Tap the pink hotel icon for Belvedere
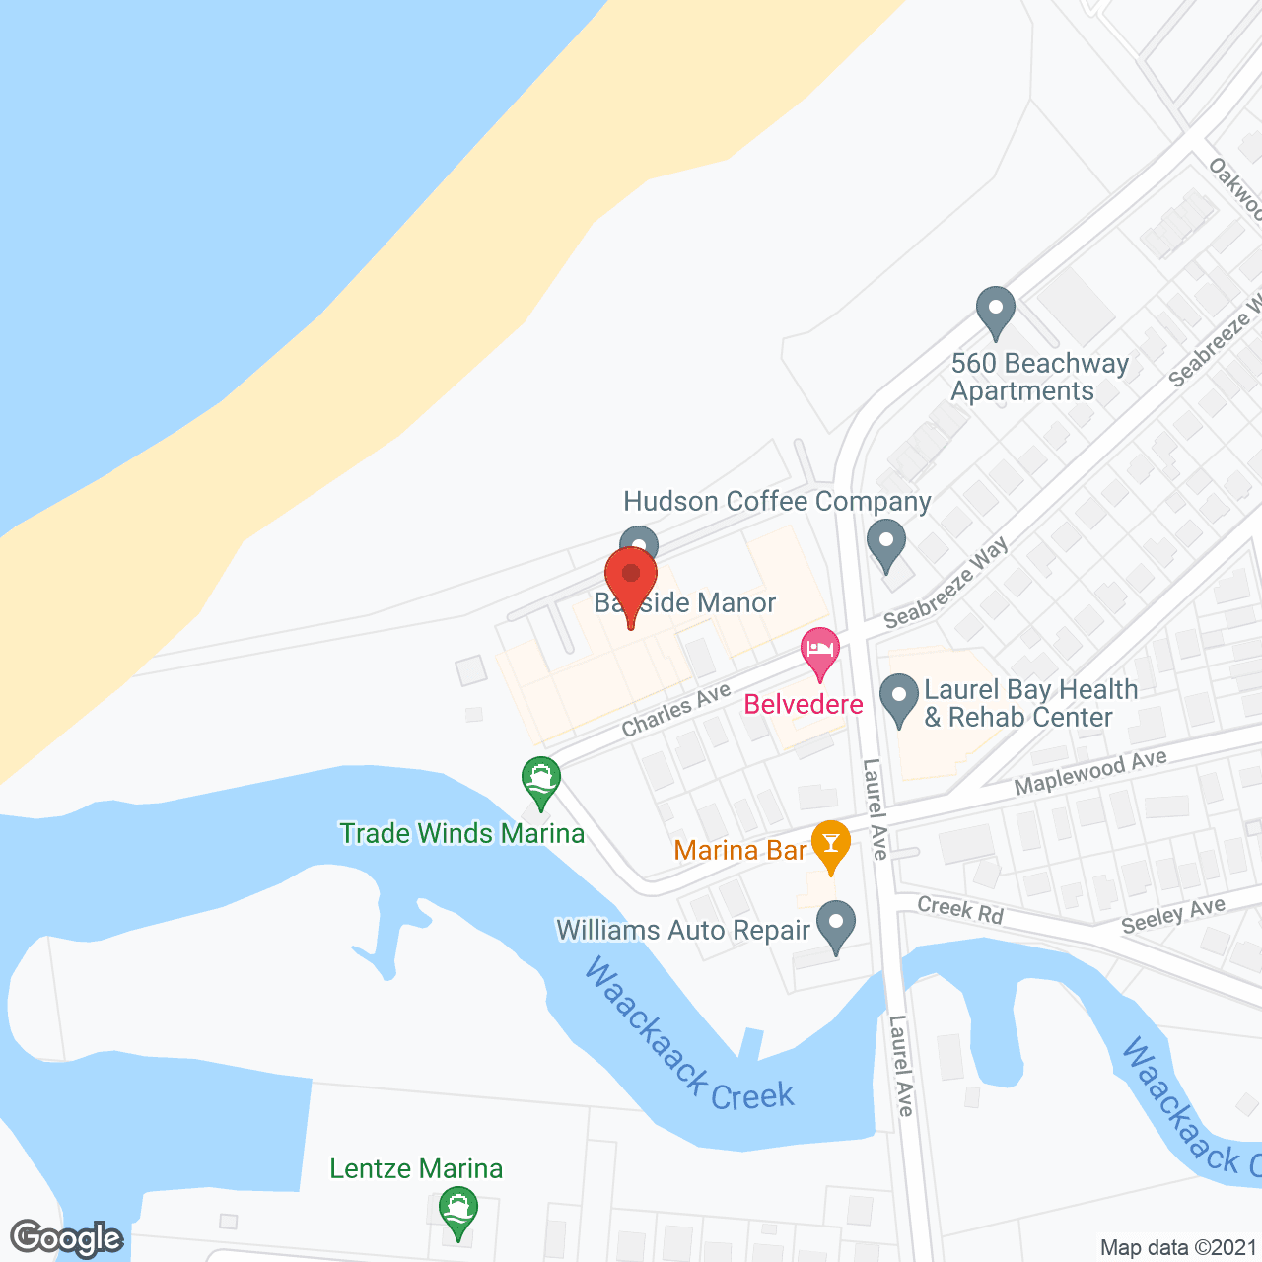(820, 652)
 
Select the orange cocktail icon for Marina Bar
(831, 845)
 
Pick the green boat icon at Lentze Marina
(457, 1210)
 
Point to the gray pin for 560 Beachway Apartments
(995, 311)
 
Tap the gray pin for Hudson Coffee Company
(885, 543)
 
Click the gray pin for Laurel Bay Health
(898, 697)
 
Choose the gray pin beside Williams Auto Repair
(836, 926)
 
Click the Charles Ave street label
(675, 711)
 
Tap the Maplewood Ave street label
(1090, 772)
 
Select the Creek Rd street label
(959, 910)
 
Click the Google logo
(67, 1238)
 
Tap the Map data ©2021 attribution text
(1179, 1247)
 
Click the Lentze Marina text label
(416, 1169)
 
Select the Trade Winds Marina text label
(461, 834)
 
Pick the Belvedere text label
(804, 704)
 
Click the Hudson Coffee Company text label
(777, 502)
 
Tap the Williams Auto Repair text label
(682, 930)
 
